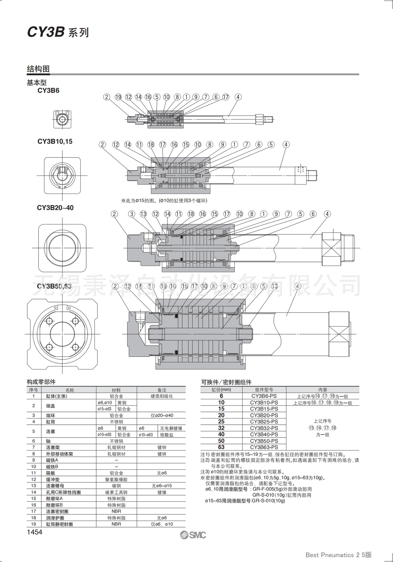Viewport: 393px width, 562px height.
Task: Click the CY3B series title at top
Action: pos(58,32)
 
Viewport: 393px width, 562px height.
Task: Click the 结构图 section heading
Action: pos(38,69)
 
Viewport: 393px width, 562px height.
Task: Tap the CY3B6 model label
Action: pos(48,90)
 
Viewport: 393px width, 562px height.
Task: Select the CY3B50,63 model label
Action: pos(54,286)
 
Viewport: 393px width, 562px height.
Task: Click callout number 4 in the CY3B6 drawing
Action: pos(238,97)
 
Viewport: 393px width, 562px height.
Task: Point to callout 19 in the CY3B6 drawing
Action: pos(118,97)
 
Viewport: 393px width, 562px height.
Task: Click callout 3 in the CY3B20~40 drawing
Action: pos(132,214)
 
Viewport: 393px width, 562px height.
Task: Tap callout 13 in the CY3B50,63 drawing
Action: pos(274,286)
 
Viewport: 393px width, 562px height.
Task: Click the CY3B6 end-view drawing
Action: pos(62,119)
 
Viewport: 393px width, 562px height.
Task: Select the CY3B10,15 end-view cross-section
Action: pos(62,176)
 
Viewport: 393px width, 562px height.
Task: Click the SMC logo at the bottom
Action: pos(193,535)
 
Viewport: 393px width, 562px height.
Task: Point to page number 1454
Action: pos(34,532)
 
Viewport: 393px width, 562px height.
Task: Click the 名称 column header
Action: pos(70,390)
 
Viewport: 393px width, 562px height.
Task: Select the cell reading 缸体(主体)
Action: pos(56,396)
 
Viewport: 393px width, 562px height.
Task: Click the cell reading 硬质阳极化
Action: pos(162,396)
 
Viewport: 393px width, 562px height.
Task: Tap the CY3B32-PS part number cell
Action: pos(264,428)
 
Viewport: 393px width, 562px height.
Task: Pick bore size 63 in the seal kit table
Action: pos(221,447)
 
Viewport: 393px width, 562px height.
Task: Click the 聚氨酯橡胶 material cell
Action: pos(116,479)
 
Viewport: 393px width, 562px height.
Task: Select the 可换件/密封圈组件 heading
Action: pos(226,382)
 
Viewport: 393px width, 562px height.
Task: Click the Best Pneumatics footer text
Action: pos(338,555)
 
